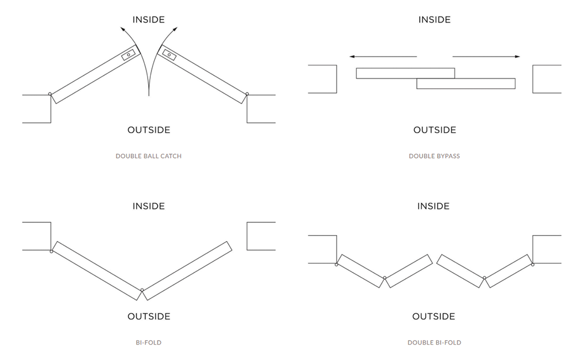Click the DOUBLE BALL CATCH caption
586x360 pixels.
click(x=148, y=156)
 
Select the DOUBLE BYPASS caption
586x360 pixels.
click(x=434, y=156)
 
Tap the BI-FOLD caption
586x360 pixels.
click(x=148, y=343)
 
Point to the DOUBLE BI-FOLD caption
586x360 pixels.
click(x=434, y=343)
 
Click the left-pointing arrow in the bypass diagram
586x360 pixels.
click(x=383, y=56)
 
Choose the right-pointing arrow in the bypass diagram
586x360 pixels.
click(x=486, y=56)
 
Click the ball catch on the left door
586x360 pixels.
click(x=128, y=56)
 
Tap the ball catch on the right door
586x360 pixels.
click(x=169, y=54)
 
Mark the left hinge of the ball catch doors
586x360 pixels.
click(x=50, y=94)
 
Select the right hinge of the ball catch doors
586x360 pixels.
click(x=247, y=94)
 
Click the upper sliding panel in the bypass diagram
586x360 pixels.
click(x=405, y=73)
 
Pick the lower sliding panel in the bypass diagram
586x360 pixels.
click(x=466, y=84)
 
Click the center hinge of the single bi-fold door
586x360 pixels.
click(x=142, y=290)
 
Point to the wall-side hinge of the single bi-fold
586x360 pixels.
click(x=51, y=252)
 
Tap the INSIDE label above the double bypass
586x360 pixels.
click(x=434, y=20)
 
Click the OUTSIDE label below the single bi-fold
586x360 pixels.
click(x=148, y=317)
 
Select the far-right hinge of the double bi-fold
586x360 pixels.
click(x=533, y=265)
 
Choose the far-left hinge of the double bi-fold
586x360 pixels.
click(x=337, y=265)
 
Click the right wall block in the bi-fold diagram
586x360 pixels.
click(x=261, y=236)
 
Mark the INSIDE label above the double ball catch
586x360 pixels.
click(x=148, y=20)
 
